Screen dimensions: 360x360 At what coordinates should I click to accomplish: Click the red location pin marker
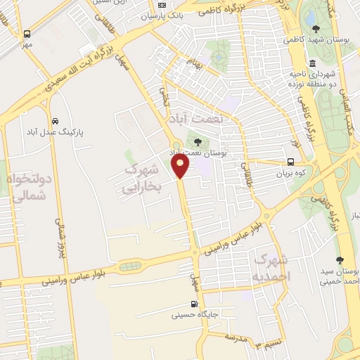(x=181, y=167)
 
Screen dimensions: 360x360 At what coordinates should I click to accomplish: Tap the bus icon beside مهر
(x=27, y=34)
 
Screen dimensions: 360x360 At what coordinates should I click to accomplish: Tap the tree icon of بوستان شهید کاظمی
(x=316, y=29)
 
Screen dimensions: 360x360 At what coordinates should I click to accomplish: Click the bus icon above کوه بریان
(x=290, y=162)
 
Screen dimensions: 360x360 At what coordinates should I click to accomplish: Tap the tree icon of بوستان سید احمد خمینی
(x=340, y=260)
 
